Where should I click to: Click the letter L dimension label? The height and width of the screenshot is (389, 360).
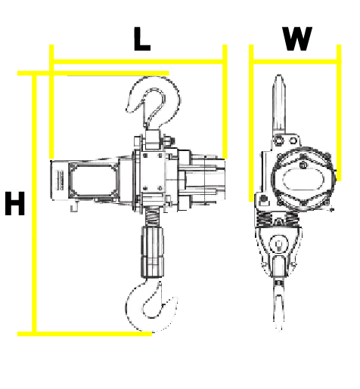142,39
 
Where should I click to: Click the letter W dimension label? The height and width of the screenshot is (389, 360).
297,39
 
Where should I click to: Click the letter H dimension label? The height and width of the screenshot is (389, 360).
15,203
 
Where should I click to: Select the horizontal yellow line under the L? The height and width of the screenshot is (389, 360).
138,62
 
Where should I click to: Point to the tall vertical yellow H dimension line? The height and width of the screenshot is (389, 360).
35,203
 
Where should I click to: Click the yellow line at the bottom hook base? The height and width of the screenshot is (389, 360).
85,334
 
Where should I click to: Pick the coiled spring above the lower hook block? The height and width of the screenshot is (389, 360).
152,218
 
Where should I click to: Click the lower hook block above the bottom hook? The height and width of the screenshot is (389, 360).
152,252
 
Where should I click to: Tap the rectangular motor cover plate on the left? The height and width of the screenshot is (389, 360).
93,180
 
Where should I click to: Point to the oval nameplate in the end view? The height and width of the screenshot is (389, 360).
303,179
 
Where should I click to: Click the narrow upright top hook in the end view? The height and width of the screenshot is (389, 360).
279,106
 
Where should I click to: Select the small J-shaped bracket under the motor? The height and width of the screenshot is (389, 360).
74,207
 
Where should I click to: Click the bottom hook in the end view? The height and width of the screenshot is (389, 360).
278,304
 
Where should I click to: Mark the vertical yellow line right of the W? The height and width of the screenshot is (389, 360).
339,113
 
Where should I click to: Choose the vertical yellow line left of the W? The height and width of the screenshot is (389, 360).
251,123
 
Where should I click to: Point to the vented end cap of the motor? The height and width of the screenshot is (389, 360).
60,181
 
